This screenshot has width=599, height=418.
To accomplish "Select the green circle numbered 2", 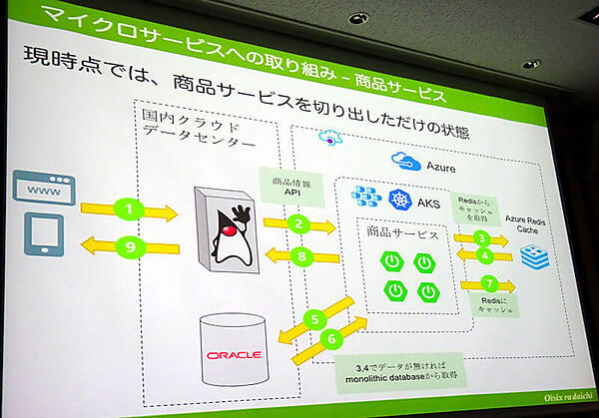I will (297, 224).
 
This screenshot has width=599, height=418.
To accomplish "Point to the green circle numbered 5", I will (314, 319).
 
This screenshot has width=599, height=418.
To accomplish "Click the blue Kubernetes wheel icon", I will (399, 201).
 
